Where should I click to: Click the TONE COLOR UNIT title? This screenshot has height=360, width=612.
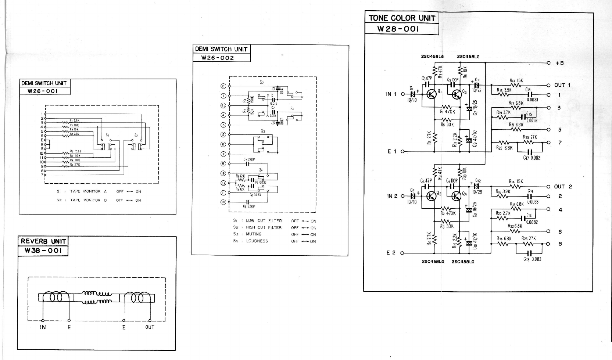click(x=402, y=18)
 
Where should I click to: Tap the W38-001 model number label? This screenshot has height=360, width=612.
click(x=43, y=251)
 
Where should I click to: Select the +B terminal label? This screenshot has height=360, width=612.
click(x=559, y=63)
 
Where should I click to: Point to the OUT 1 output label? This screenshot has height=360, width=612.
click(x=562, y=85)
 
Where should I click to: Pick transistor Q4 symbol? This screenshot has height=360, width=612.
click(x=456, y=196)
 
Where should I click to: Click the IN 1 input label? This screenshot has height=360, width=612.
click(x=391, y=94)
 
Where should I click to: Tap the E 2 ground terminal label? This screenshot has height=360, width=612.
click(x=391, y=253)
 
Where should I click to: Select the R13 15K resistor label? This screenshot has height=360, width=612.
click(x=516, y=81)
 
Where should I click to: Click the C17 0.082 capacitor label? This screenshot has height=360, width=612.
click(x=532, y=158)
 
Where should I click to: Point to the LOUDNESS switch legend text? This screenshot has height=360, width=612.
click(x=257, y=241)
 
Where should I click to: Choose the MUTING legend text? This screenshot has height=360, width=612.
click(x=254, y=234)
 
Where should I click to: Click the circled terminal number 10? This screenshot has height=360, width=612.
click(x=223, y=202)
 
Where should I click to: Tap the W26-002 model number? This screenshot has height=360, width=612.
click(x=217, y=58)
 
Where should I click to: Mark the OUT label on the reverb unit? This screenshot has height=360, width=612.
click(x=150, y=327)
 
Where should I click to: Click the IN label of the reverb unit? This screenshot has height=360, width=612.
click(x=43, y=327)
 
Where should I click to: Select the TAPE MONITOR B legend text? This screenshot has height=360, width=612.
click(x=88, y=200)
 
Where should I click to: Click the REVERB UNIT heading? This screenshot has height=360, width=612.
click(x=43, y=241)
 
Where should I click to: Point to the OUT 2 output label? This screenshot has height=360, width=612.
click(x=563, y=187)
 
